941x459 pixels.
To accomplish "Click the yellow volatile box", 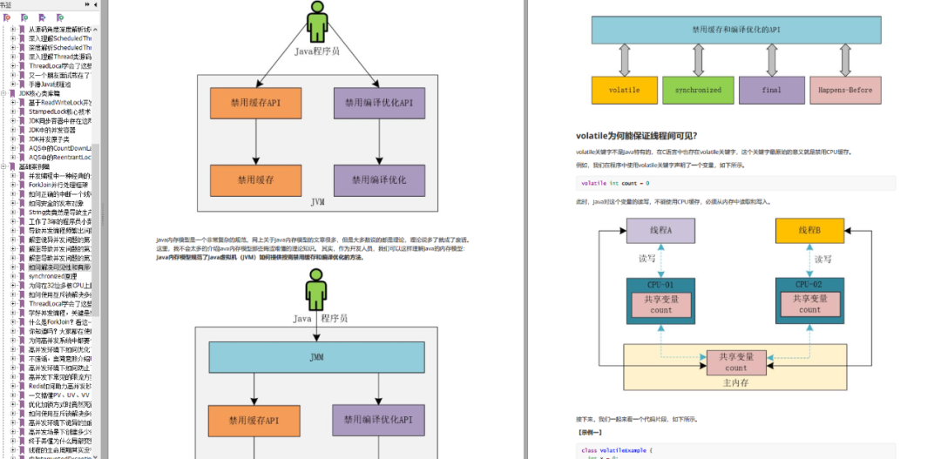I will tap(624, 91).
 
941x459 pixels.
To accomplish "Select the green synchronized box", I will tap(697, 91).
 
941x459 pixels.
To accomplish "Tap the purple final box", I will tap(771, 91).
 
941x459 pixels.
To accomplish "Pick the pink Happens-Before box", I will tap(845, 91).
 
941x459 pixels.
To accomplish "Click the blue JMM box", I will tap(317, 358).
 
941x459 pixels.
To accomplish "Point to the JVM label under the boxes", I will tap(317, 201).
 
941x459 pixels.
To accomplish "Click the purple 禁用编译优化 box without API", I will tap(379, 180).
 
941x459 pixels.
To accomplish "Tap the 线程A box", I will tap(661, 230).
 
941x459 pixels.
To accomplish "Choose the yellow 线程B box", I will tap(810, 230).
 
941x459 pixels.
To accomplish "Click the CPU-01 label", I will tap(661, 284).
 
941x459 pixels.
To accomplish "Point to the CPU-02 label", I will tap(810, 284).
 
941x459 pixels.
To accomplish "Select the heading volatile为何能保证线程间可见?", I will tap(636, 135).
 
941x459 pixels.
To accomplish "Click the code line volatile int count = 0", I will tap(615, 183).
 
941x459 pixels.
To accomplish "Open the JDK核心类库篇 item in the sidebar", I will tap(37, 93).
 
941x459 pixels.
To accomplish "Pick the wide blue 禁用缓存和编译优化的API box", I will tap(735, 30).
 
